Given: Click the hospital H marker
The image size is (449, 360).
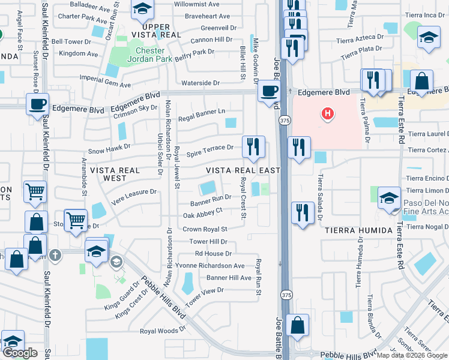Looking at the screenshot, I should pos(328,112).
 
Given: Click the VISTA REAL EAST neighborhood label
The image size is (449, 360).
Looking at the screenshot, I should pos(244,170).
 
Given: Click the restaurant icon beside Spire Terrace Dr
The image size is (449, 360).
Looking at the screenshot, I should pos(253,146).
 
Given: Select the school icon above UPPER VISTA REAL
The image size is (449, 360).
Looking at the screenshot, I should pos(142,9).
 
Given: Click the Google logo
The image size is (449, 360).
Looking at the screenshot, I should pos(20,353).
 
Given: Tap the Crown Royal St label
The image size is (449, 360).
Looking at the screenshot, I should pos(205,229).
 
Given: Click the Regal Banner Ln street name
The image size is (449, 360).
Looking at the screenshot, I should pos(201,111).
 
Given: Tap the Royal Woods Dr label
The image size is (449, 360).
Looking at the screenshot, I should pos(163,331).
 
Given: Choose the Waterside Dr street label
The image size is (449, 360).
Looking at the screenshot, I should pos(200,83).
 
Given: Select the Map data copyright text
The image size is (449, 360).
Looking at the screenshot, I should pos(411,355).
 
